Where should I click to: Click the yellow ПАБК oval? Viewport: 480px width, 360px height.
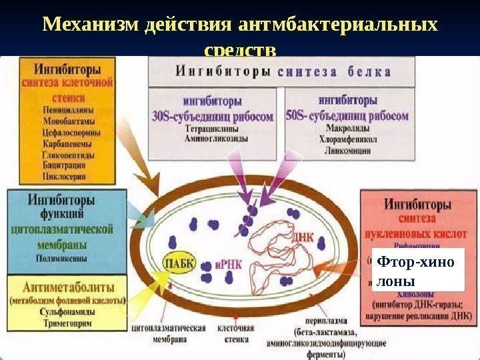(x=179, y=262)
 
